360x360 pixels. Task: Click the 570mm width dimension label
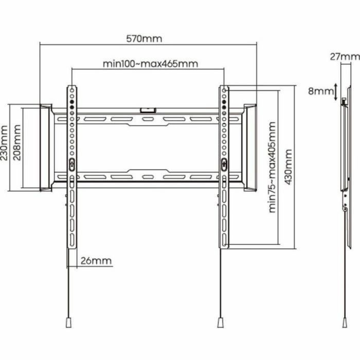[144, 39]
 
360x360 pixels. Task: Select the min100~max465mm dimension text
[150, 64]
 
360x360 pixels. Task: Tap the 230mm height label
[4, 142]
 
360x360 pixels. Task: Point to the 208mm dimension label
[17, 142]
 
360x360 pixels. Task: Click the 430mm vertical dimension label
[288, 167]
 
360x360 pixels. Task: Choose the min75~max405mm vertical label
[272, 167]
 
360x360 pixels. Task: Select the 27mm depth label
[345, 57]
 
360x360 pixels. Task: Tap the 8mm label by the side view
[320, 91]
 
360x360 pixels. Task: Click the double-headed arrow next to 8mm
[336, 92]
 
